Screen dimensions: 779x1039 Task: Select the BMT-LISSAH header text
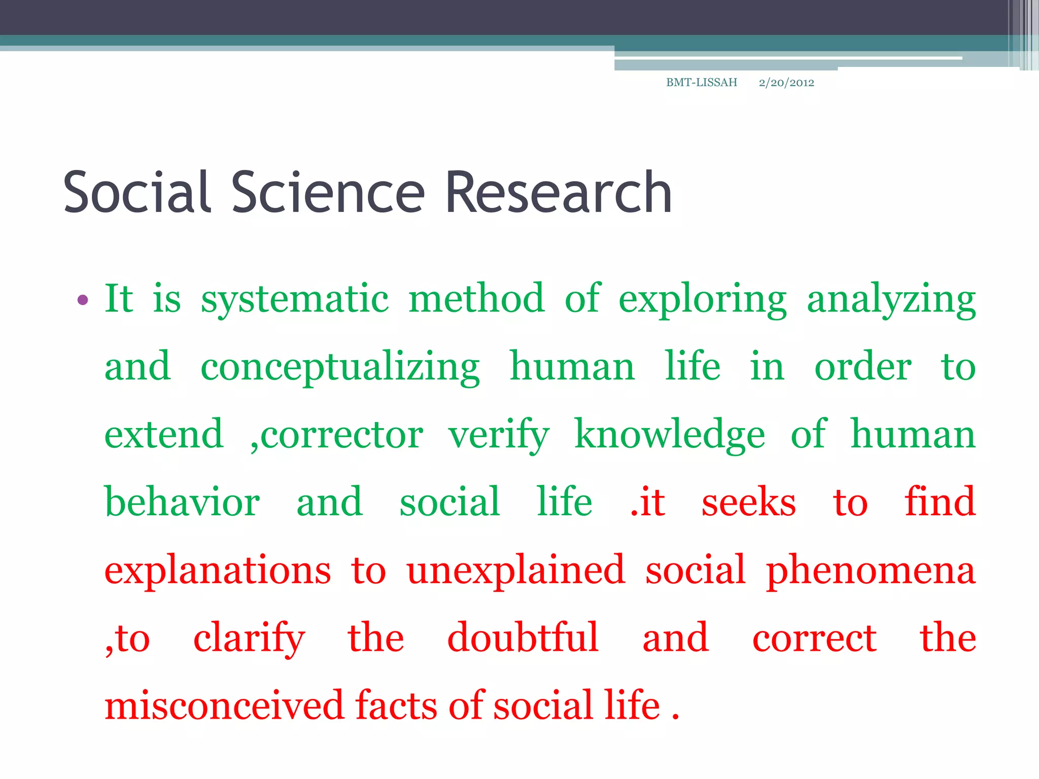[701, 83]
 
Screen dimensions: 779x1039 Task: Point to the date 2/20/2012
[786, 83]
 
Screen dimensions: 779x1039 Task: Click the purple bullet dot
[83, 300]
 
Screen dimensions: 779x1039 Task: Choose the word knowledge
[670, 436]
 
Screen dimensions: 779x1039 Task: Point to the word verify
[499, 436]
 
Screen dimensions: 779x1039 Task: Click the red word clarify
[249, 639]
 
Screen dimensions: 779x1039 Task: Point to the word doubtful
[523, 639]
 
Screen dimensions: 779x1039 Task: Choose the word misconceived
[224, 706]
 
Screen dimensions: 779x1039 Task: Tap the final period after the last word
[675, 716]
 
